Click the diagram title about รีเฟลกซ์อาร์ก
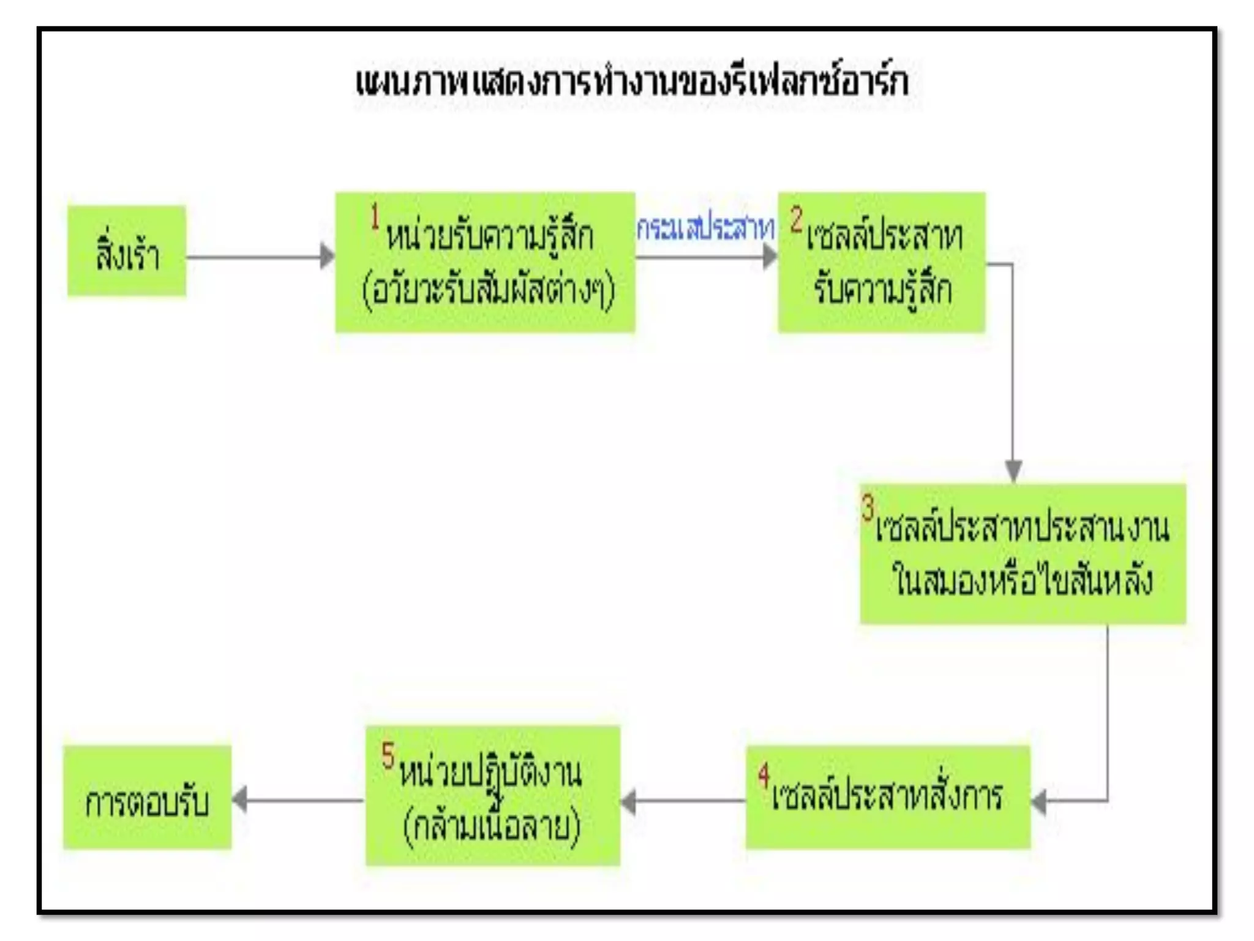[x=632, y=82]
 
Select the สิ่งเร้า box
[x=127, y=251]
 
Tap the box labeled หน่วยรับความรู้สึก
[x=485, y=262]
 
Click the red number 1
[x=375, y=217]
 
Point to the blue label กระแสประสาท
[x=705, y=229]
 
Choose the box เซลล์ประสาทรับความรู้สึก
[x=882, y=262]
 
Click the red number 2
[x=796, y=219]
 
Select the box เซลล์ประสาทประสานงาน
[x=1023, y=553]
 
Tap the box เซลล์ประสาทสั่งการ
[x=888, y=796]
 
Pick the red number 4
[x=764, y=775]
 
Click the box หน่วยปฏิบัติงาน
[x=493, y=795]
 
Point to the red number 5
[x=388, y=755]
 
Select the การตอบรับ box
[x=148, y=798]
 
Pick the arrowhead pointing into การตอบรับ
[x=239, y=800]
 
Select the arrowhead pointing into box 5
[x=628, y=801]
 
